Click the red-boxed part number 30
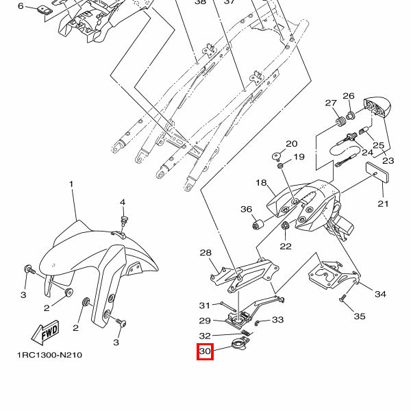[x=206, y=352]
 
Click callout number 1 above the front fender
[x=71, y=186]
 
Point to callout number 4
[x=123, y=203]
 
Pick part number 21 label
[x=383, y=203]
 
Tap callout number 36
[x=247, y=209]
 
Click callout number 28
[x=206, y=253]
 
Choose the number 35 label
[x=360, y=316]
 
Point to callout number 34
[x=379, y=294]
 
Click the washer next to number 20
[x=278, y=155]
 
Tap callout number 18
[x=262, y=183]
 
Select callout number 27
[x=332, y=103]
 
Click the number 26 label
[x=349, y=96]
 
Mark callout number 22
[x=286, y=246]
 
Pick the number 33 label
[x=277, y=320]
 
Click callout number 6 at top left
[x=21, y=6]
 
